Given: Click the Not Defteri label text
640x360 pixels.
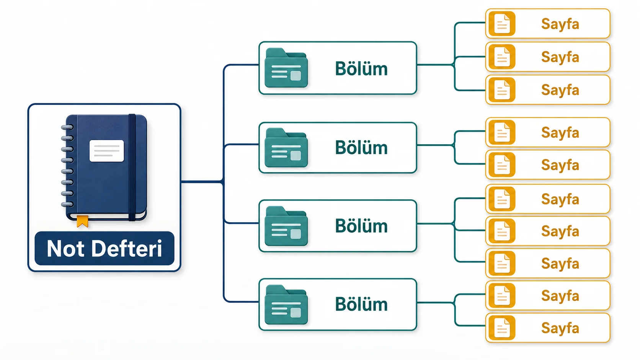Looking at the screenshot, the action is pyautogui.click(x=104, y=248).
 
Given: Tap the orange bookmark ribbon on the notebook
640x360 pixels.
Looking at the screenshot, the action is pyautogui.click(x=83, y=221).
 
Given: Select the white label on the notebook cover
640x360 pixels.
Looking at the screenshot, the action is pyautogui.click(x=106, y=151).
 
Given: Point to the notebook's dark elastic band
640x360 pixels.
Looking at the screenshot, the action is pyautogui.click(x=132, y=167).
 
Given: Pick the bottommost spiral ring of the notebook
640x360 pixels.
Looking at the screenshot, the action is pyautogui.click(x=67, y=204).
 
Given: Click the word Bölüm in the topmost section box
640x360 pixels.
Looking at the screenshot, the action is pyautogui.click(x=361, y=68).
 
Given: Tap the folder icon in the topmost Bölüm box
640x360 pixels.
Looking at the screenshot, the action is pyautogui.click(x=286, y=68).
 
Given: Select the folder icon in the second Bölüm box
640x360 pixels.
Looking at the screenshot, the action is pyautogui.click(x=286, y=148).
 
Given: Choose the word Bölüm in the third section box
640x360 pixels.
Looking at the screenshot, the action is pyautogui.click(x=361, y=226).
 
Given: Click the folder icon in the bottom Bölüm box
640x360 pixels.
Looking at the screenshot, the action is pyautogui.click(x=286, y=305).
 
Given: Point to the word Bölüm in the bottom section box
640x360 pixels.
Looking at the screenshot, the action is pyautogui.click(x=361, y=304).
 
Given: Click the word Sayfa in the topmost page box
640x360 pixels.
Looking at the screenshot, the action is pyautogui.click(x=560, y=24).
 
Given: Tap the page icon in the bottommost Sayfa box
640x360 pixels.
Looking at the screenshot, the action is pyautogui.click(x=502, y=328).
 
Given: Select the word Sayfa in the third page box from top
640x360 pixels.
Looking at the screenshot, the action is pyautogui.click(x=560, y=91).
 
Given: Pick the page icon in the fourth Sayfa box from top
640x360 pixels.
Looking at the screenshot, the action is pyautogui.click(x=502, y=132).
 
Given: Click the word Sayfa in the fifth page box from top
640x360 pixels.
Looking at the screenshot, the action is pyautogui.click(x=560, y=165).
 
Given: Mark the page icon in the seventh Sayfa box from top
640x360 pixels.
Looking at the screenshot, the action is pyautogui.click(x=502, y=231).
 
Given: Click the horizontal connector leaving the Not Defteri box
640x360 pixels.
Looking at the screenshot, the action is pyautogui.click(x=202, y=182).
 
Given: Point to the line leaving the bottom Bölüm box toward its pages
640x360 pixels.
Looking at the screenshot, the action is pyautogui.click(x=436, y=302).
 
